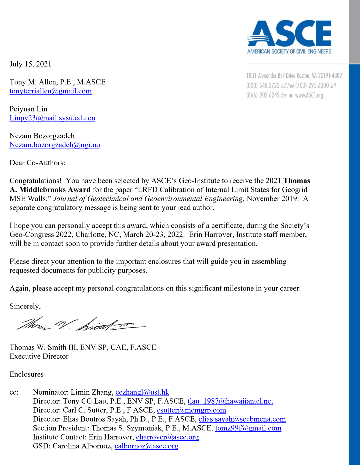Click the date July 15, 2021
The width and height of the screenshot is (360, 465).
(30, 64)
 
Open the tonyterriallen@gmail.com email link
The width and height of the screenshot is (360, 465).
(51, 91)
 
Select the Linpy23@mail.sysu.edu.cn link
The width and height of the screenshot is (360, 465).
(52, 118)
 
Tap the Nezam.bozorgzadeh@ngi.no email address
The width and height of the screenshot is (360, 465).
(55, 145)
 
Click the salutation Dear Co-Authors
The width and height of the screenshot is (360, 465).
(37, 163)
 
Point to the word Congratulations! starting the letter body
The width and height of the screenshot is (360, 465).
(35, 181)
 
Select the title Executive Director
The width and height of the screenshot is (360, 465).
(39, 356)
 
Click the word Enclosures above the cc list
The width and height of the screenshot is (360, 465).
(27, 374)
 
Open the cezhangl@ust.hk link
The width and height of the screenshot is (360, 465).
(142, 392)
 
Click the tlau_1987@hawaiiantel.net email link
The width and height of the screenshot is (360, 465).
(230, 401)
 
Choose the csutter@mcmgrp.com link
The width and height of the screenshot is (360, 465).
(191, 410)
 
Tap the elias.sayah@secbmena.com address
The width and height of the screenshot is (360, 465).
(242, 419)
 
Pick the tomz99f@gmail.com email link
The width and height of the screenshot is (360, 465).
(248, 428)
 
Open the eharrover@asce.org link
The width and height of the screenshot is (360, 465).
(167, 437)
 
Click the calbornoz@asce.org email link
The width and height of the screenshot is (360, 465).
(146, 446)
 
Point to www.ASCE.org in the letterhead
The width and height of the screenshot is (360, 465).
(309, 95)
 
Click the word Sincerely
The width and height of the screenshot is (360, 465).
(25, 306)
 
